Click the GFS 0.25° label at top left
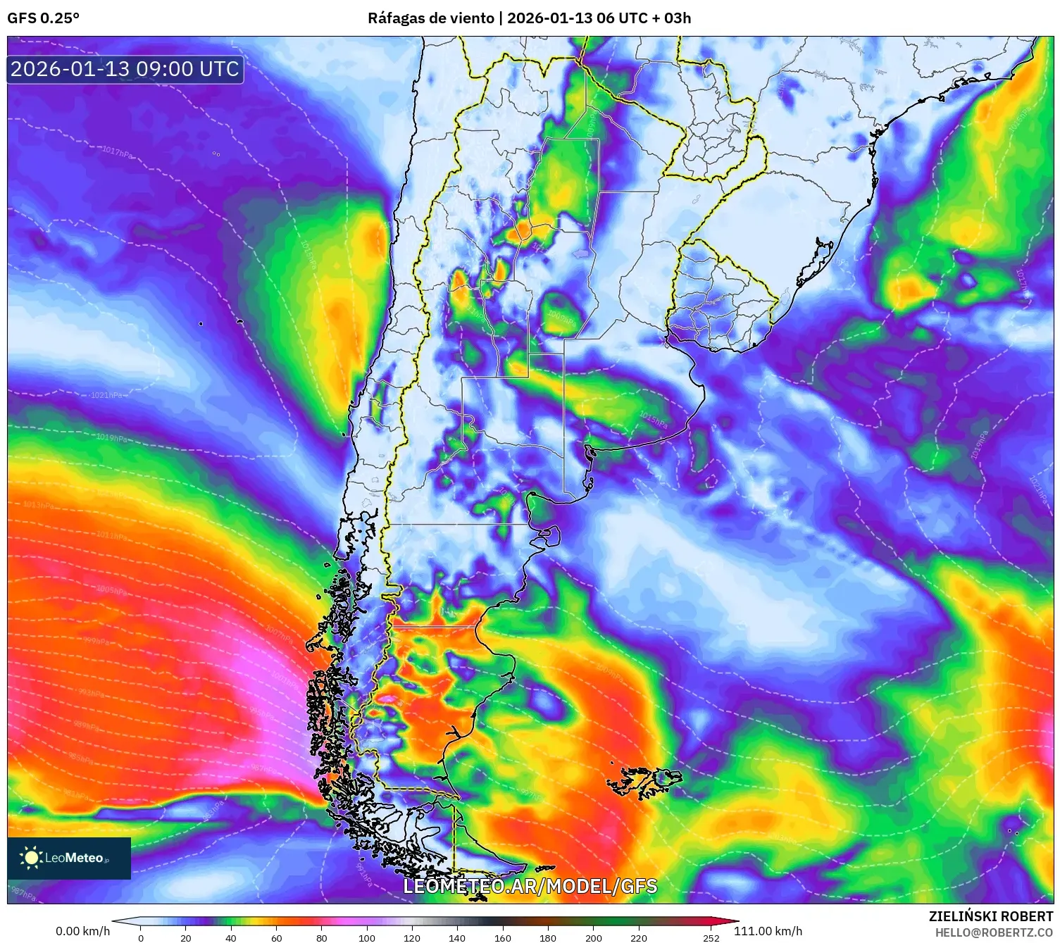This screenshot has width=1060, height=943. pyautogui.click(x=43, y=18)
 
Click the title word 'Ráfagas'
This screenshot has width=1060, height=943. pyautogui.click(x=395, y=18)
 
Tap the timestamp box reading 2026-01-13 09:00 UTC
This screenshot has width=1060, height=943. pyautogui.click(x=125, y=69)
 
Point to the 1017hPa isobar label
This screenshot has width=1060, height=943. pyautogui.click(x=117, y=151)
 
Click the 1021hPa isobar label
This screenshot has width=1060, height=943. pyautogui.click(x=106, y=395)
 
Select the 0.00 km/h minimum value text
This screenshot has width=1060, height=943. pyautogui.click(x=82, y=931)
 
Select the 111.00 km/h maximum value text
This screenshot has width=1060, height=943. pyautogui.click(x=768, y=931)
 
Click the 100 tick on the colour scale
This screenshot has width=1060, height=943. pyautogui.click(x=367, y=937)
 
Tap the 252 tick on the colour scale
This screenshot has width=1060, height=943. pyautogui.click(x=711, y=937)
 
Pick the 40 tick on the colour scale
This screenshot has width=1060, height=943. pyautogui.click(x=231, y=937)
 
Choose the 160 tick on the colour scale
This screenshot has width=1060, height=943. pyautogui.click(x=502, y=937)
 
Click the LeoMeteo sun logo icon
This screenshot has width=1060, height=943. pyautogui.click(x=31, y=857)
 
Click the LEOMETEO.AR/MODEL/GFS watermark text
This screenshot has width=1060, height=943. pyautogui.click(x=530, y=886)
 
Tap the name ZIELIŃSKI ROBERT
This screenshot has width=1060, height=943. pyautogui.click(x=990, y=916)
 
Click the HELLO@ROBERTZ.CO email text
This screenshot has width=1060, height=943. pyautogui.click(x=994, y=932)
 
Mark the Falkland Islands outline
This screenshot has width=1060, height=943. pyautogui.click(x=644, y=781)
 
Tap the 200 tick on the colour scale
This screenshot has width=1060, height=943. pyautogui.click(x=594, y=937)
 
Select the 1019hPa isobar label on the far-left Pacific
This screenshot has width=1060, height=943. pyautogui.click(x=112, y=438)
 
